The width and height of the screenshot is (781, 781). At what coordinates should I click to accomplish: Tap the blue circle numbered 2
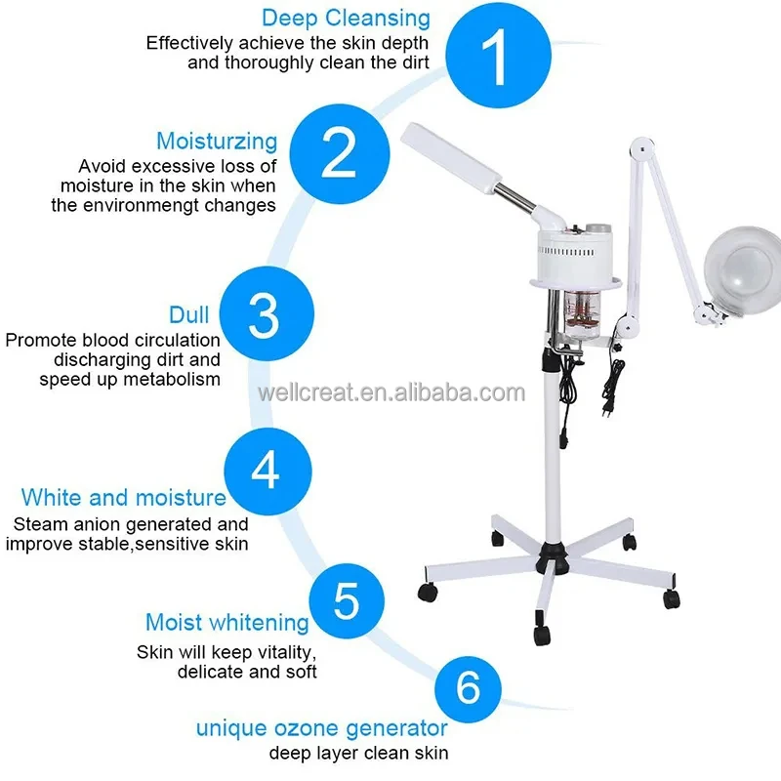(339, 152)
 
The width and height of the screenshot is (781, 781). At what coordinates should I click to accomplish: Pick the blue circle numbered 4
(266, 471)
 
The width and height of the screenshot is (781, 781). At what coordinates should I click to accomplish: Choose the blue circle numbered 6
(469, 687)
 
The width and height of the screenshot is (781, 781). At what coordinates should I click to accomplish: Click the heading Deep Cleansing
(346, 18)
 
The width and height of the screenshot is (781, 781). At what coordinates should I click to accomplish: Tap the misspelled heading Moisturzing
(217, 142)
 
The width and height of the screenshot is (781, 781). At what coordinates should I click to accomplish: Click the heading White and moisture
(123, 498)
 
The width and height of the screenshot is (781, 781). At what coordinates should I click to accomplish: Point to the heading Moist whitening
(226, 622)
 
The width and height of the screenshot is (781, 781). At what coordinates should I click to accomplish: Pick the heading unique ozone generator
(321, 728)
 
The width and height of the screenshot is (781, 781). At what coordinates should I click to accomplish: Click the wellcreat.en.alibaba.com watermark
(390, 393)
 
